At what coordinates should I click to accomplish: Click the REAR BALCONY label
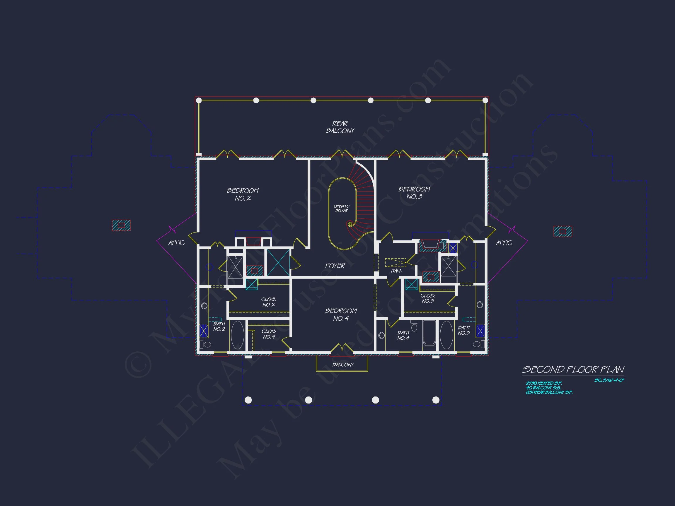tap(340, 127)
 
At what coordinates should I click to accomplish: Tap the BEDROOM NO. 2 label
tap(243, 194)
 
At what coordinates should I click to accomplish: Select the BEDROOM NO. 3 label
tap(414, 193)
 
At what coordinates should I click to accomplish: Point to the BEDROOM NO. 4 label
tap(341, 314)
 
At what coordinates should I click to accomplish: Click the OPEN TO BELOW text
tap(342, 208)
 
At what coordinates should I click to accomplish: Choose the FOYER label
tap(335, 266)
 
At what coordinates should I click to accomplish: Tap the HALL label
tap(396, 271)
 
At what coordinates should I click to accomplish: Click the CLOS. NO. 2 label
tap(269, 302)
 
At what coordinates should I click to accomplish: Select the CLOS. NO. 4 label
tap(269, 334)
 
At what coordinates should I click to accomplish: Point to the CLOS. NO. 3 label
tap(428, 298)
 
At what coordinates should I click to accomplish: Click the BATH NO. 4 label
tap(403, 336)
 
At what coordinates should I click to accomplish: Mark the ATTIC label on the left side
tap(176, 243)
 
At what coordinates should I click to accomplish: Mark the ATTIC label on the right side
tap(504, 243)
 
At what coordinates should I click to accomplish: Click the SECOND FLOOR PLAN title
tap(573, 370)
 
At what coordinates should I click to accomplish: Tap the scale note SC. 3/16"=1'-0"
tap(609, 380)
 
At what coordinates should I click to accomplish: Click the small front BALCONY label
tap(343, 365)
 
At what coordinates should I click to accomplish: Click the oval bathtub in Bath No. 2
tap(237, 335)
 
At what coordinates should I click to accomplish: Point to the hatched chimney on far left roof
tap(121, 225)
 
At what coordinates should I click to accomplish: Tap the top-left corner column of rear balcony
tap(199, 100)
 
